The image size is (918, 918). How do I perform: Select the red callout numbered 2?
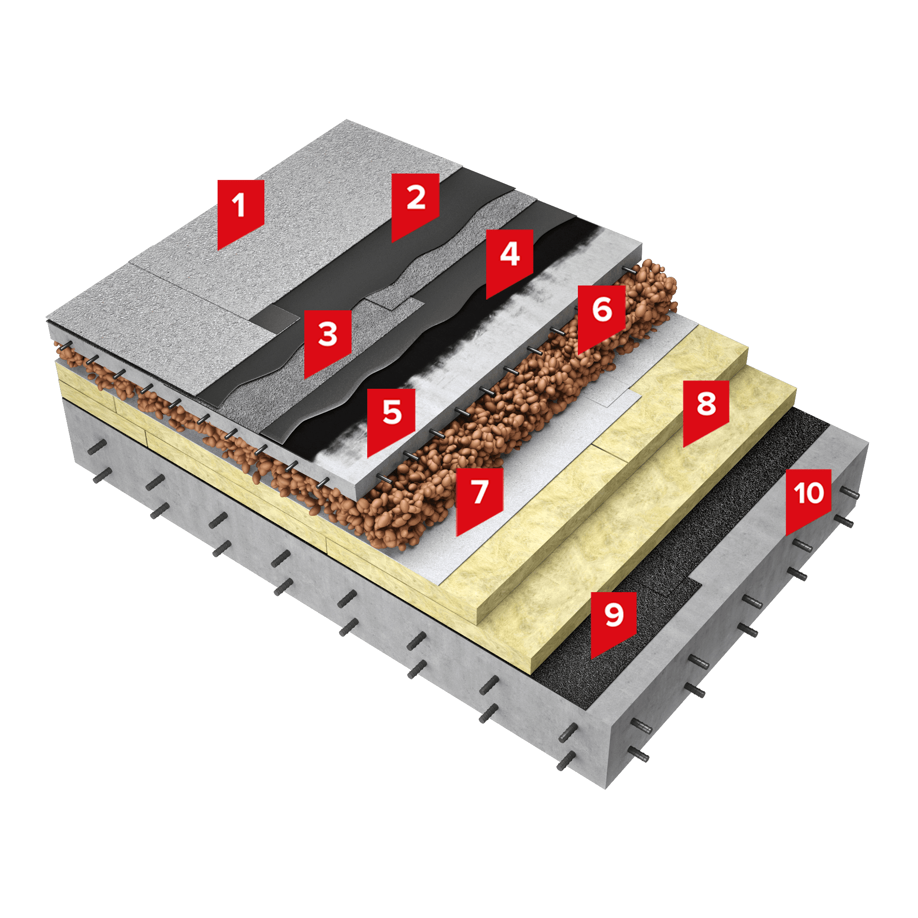pyautogui.click(x=415, y=205)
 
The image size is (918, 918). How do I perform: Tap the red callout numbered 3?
pyautogui.click(x=327, y=342)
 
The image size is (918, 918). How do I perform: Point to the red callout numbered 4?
pyautogui.click(x=509, y=261)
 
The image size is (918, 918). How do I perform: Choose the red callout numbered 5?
pyautogui.click(x=391, y=420)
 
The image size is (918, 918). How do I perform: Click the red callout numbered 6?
pyautogui.click(x=602, y=318)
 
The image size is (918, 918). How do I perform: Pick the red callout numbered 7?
pyautogui.click(x=480, y=499)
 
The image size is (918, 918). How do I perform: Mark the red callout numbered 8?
pyautogui.click(x=706, y=411)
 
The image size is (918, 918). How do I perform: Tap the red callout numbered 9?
pyautogui.click(x=613, y=623)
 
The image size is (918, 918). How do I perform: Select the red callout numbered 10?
pyautogui.click(x=808, y=500)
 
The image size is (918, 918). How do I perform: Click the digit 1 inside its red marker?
pyautogui.click(x=239, y=205)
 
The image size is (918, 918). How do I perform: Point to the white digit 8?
pyautogui.click(x=706, y=404)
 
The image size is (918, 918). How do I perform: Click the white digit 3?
pyautogui.click(x=327, y=334)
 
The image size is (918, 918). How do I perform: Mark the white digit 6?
pyautogui.click(x=602, y=309)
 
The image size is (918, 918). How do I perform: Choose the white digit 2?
pyautogui.click(x=416, y=197)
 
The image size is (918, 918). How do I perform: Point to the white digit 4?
pyautogui.click(x=510, y=254)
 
